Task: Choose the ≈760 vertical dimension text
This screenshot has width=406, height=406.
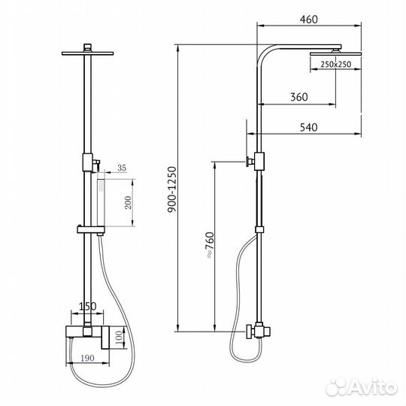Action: [205, 245]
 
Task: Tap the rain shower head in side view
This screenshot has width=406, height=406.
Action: [329, 53]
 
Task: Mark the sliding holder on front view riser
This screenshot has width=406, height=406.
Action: [90, 227]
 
